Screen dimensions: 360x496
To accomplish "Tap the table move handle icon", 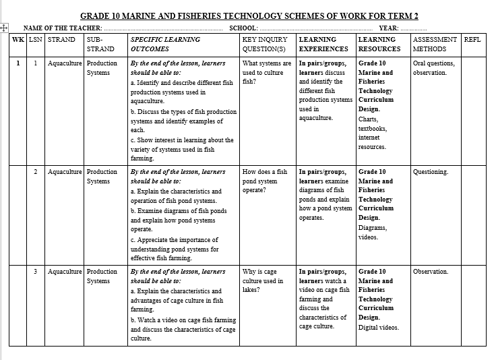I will point(5,28).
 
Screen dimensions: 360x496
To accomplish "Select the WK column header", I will point(18,40).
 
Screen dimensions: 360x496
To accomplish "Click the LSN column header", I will point(36,40).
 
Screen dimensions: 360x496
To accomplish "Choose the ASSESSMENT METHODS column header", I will point(434,44).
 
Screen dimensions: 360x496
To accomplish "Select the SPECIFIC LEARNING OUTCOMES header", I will point(162,44).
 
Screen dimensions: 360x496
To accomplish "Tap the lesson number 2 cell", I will point(36,172).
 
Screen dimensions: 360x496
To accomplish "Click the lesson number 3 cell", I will point(36,272).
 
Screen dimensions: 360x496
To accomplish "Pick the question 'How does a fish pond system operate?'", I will point(264,181).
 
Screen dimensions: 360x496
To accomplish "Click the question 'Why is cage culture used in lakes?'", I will point(264,280).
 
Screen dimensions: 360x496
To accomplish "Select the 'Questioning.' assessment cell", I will point(431,172).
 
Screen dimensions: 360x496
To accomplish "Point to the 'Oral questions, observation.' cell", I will point(433,68).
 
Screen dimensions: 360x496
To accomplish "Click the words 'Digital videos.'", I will point(378,328).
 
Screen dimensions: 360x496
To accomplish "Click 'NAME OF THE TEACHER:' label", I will point(63,28).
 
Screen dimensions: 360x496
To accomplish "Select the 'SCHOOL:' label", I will point(243,28).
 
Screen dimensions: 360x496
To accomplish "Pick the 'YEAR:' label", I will point(389,28).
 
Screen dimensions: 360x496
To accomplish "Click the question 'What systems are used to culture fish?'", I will point(266,72).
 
